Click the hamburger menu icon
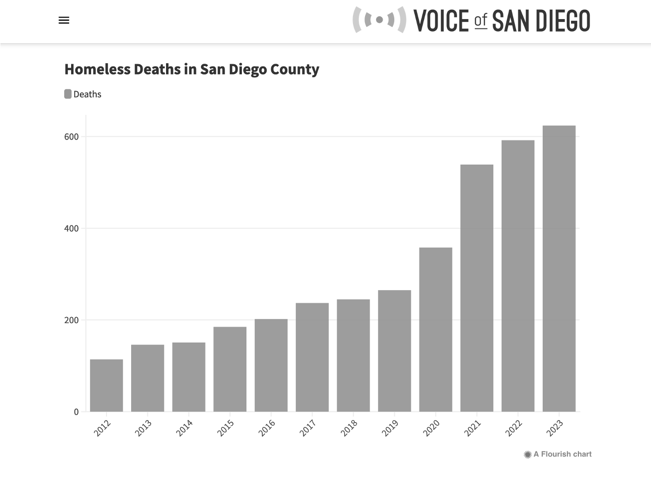pos(64,20)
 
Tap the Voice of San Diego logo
pos(472,20)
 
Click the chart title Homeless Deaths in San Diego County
pos(192,69)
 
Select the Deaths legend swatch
pos(68,94)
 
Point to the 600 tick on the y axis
pos(72,137)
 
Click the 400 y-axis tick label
pos(72,228)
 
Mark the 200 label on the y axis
pos(72,320)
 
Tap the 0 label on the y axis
pos(76,412)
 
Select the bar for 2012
pos(106,385)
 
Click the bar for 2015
pos(230,369)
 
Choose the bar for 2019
pos(394,351)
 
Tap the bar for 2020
pos(436,330)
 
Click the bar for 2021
pos(477,288)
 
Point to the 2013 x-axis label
pos(143,428)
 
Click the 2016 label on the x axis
pos(267,428)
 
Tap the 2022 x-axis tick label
pos(514,428)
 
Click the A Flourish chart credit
pos(558,454)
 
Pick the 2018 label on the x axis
pos(349,428)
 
